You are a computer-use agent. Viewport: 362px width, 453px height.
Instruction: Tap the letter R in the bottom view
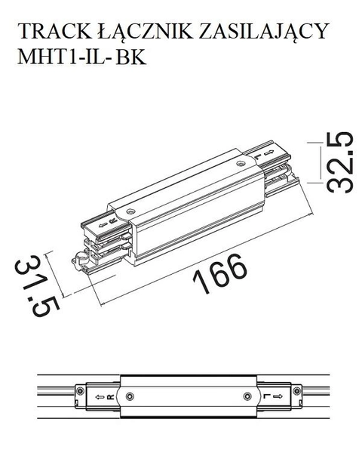point(110,396)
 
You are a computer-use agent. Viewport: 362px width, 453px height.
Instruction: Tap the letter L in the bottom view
point(266,396)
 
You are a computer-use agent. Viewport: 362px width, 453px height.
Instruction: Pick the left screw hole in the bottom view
point(125,396)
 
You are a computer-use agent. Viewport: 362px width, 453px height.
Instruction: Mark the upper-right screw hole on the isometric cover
point(240,163)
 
